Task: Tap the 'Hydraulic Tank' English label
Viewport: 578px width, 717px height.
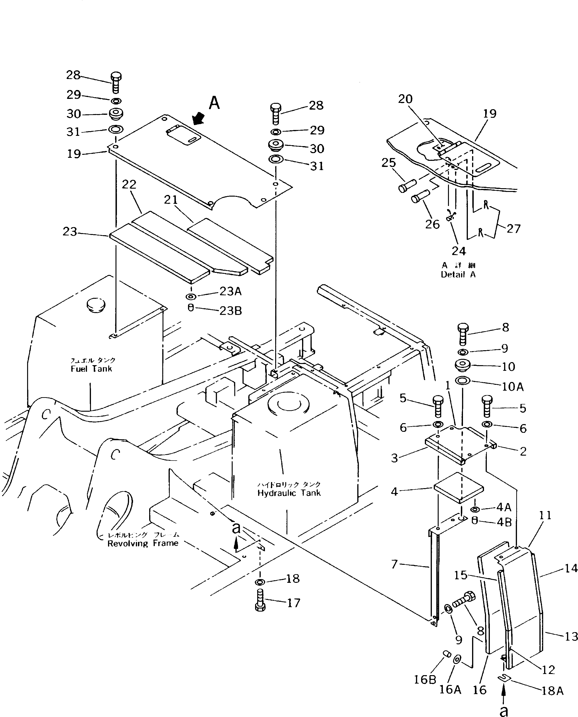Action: [289, 493]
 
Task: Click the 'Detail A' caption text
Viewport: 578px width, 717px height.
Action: [458, 275]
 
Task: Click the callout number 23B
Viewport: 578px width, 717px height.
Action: [230, 311]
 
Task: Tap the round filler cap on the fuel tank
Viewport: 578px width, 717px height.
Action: [96, 304]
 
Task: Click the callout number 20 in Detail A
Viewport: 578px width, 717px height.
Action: [405, 99]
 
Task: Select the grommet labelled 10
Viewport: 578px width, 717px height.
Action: [462, 365]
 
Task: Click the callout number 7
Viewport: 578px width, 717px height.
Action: [394, 564]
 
